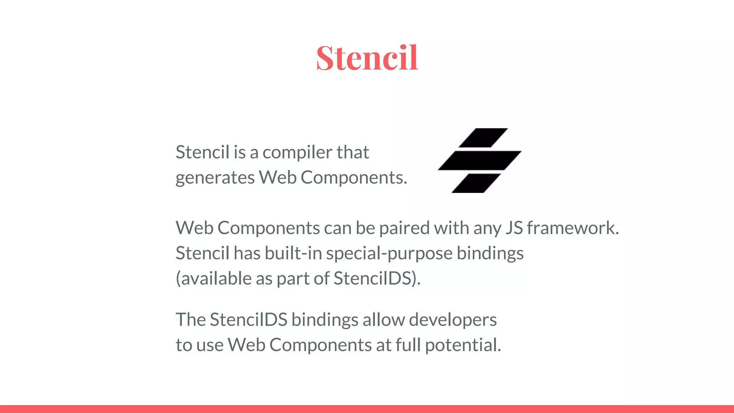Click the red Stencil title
[x=367, y=58]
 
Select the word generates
[x=215, y=178]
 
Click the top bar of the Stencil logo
[x=483, y=138]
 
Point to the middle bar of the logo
[x=480, y=160]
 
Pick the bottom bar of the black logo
[x=476, y=183]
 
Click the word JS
[x=514, y=228]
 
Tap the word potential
[x=463, y=345]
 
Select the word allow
[x=383, y=319]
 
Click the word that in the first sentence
[x=353, y=152]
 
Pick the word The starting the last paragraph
[x=190, y=319]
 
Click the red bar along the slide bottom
[x=367, y=409]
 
